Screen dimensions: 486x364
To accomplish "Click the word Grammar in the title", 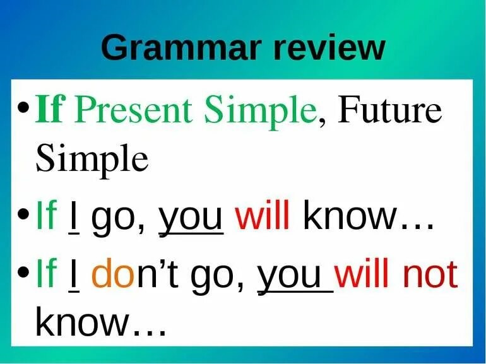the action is tap(179, 47).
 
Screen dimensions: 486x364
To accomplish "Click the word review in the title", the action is tap(329, 47).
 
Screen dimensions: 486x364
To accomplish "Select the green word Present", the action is tap(133, 109).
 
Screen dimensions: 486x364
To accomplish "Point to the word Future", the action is tap(389, 109).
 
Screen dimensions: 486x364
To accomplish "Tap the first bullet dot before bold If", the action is tap(24, 108).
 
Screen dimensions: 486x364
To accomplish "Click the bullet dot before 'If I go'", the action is tap(24, 214).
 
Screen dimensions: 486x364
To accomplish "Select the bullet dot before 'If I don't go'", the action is tap(24, 273).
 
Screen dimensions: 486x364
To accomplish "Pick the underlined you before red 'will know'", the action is tap(191, 219).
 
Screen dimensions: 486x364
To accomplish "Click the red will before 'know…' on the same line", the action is tap(262, 214).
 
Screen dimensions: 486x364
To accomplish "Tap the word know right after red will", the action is tap(350, 214).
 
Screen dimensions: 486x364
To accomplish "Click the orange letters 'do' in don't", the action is tap(113, 273).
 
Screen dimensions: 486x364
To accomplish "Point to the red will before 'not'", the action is tap(361, 273).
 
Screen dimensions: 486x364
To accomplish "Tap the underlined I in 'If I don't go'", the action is tap(73, 275).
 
